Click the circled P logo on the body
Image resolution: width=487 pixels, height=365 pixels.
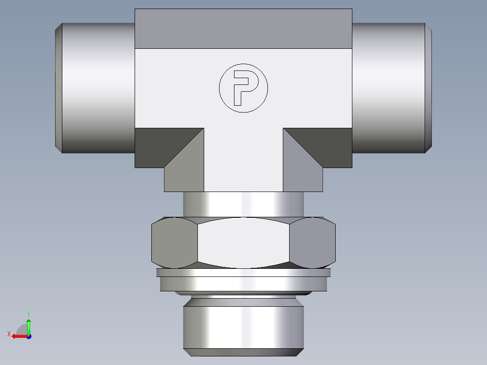coord(243,88)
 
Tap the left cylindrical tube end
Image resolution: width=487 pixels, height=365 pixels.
coord(97,88)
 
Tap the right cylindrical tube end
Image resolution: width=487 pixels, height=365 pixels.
coord(389,88)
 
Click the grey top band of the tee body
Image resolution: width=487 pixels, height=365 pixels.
coord(243,28)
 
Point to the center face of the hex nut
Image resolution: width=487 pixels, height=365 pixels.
coord(243,243)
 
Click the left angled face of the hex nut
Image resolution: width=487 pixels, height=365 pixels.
coord(174,243)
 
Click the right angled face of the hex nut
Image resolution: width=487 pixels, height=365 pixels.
coord(313,243)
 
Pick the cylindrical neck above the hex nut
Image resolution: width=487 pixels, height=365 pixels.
coord(243,204)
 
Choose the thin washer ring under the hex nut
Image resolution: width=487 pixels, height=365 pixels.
coord(243,272)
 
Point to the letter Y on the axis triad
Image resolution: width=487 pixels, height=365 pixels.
coord(28,314)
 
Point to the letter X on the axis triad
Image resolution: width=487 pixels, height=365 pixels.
coord(9,334)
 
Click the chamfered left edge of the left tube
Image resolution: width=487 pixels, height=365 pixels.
coord(58,88)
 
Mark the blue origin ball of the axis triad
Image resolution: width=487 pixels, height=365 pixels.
coord(28,337)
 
